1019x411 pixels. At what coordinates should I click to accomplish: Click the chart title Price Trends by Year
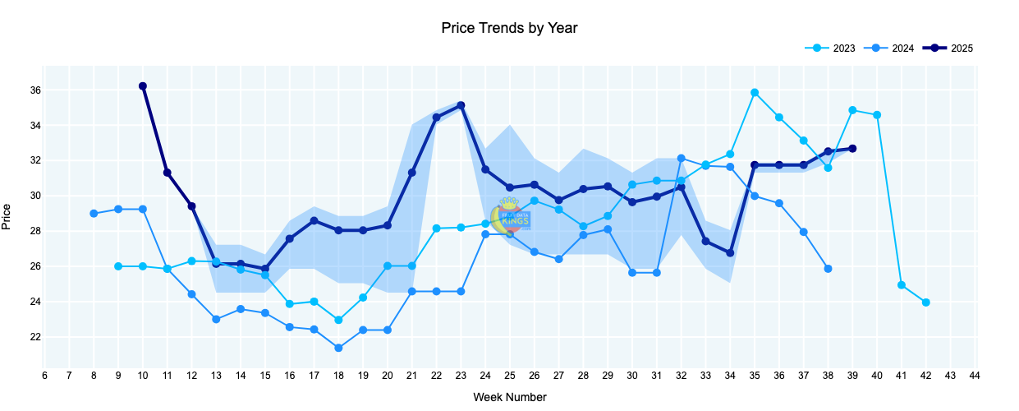tap(509, 28)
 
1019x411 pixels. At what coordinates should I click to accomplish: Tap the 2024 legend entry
tap(902, 48)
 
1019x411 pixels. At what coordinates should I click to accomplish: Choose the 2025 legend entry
tap(961, 48)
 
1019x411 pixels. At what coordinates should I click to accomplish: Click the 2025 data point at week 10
tap(143, 86)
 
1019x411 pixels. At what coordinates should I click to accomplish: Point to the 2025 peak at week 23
tap(461, 105)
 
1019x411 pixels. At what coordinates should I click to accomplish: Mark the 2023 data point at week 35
tap(755, 93)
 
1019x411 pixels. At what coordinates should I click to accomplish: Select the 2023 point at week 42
tap(925, 302)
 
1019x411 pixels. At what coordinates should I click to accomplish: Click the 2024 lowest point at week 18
tap(338, 349)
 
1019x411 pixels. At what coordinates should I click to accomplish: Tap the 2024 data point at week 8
tap(94, 214)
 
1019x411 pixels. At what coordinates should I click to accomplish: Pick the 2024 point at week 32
tap(681, 158)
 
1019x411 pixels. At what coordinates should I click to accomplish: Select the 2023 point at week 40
tap(877, 115)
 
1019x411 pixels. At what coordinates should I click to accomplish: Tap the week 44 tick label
tap(975, 376)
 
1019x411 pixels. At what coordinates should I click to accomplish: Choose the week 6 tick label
tap(44, 376)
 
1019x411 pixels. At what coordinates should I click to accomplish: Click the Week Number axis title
tap(509, 397)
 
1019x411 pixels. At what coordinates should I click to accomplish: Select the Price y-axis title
tap(7, 216)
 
